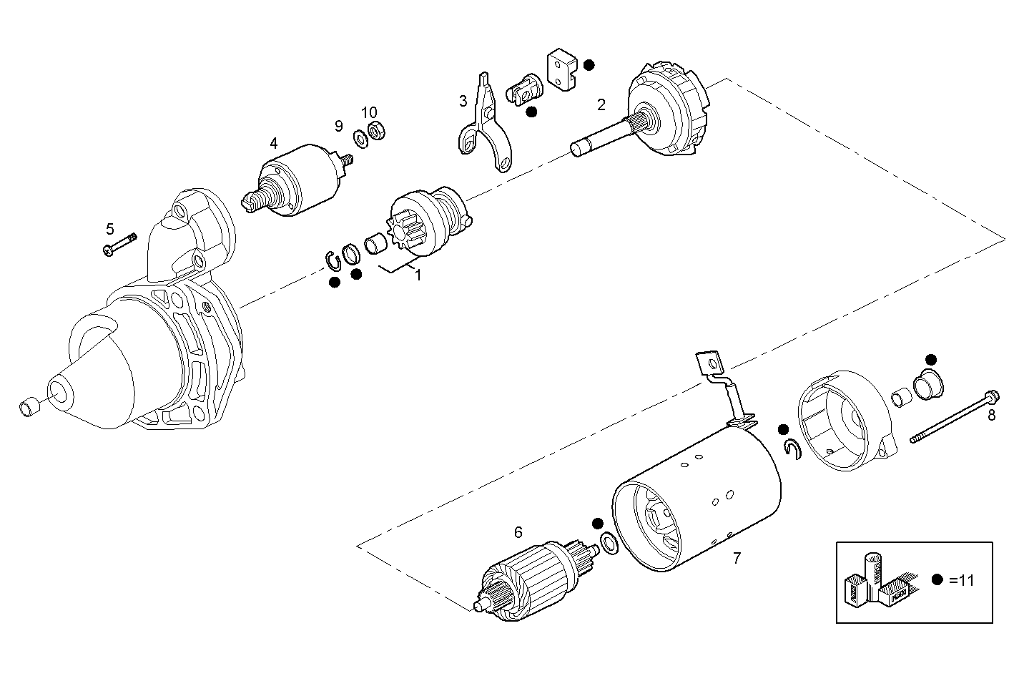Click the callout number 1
(x=418, y=275)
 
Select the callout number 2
(x=601, y=105)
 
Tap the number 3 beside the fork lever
(x=463, y=101)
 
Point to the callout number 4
(x=274, y=143)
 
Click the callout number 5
(x=109, y=229)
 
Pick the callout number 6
(x=518, y=532)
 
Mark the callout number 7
(x=737, y=558)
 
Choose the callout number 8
(x=991, y=415)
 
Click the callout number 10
(x=368, y=112)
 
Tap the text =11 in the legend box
(x=962, y=581)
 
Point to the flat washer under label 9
(x=361, y=137)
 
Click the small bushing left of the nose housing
(x=29, y=408)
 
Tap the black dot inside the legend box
(x=937, y=580)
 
